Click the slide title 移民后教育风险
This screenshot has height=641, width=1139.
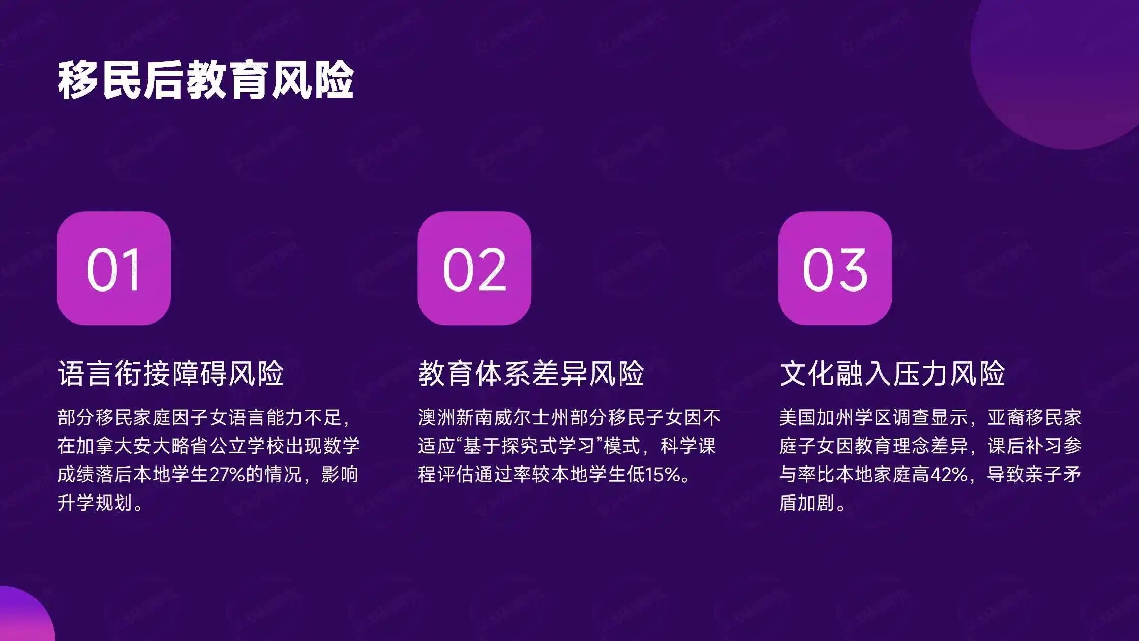click(206, 80)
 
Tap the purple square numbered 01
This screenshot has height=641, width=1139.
click(114, 268)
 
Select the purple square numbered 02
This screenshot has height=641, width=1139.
click(474, 268)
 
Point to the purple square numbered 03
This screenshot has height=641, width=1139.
click(835, 268)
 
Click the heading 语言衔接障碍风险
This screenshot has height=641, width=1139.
click(171, 373)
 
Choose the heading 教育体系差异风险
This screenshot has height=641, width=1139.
click(531, 373)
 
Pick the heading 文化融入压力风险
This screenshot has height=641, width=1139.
click(892, 373)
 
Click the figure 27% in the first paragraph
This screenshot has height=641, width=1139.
click(227, 474)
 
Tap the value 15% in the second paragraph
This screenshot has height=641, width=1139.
click(662, 474)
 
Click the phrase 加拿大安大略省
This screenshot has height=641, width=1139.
click(134, 446)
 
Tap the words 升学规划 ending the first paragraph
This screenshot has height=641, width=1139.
click(95, 503)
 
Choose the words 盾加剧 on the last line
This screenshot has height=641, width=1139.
click(807, 503)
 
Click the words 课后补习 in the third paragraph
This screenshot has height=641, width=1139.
click(1025, 446)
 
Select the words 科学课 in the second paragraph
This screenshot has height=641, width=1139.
click(688, 446)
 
